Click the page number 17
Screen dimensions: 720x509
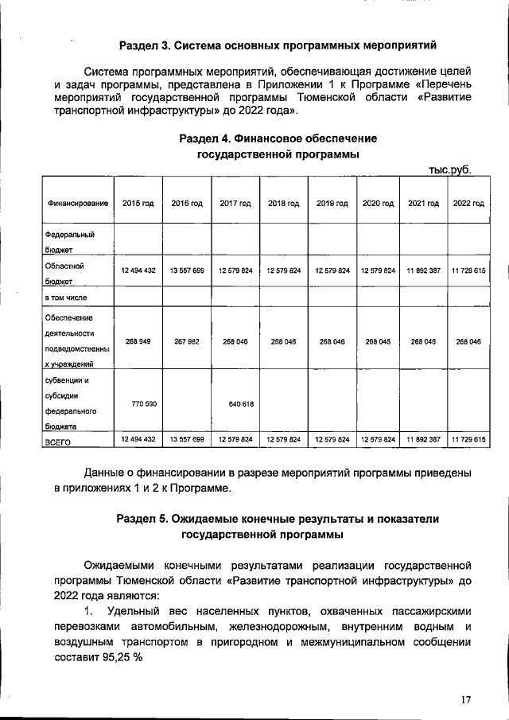pyautogui.click(x=466, y=699)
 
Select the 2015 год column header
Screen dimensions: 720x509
pyautogui.click(x=138, y=204)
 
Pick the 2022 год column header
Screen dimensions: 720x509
pyautogui.click(x=468, y=204)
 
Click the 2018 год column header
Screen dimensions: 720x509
pyautogui.click(x=283, y=204)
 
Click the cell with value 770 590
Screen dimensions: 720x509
pyautogui.click(x=138, y=404)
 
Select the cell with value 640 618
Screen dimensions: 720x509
pyautogui.click(x=235, y=404)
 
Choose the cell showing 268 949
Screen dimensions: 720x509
pyautogui.click(x=138, y=341)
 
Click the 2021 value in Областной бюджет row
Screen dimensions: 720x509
pyautogui.click(x=423, y=270)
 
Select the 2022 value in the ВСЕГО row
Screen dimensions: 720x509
pyautogui.click(x=468, y=439)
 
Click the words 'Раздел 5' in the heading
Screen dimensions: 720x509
pyautogui.click(x=142, y=518)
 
